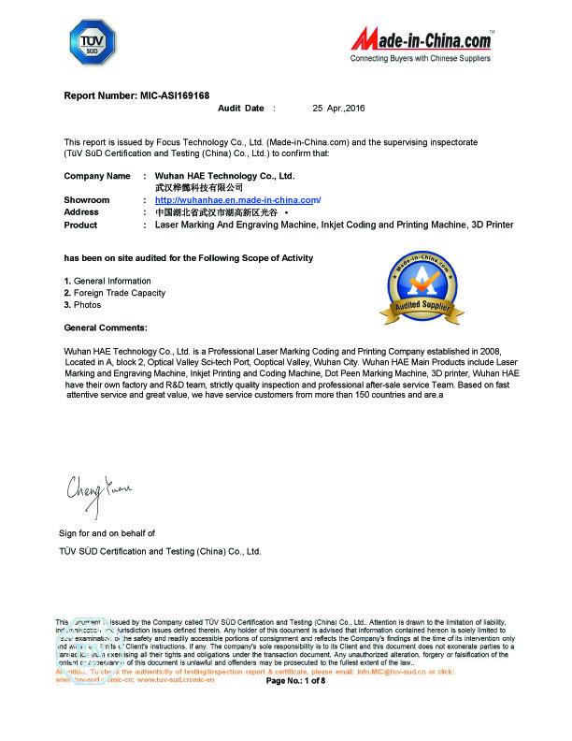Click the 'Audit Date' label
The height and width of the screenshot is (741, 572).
240,109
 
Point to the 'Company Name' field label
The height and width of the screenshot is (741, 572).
96,176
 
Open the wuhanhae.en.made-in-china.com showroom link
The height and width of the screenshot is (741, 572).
237,200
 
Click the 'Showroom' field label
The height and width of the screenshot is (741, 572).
86,200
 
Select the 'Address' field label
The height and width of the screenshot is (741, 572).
81,212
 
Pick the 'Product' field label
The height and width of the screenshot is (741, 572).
80,225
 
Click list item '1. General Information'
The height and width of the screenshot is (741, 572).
107,281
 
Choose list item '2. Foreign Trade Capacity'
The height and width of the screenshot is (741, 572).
114,293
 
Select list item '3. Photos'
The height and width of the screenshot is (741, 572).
82,305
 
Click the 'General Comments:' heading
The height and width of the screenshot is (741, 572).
105,327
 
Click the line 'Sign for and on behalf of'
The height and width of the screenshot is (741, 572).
107,532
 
